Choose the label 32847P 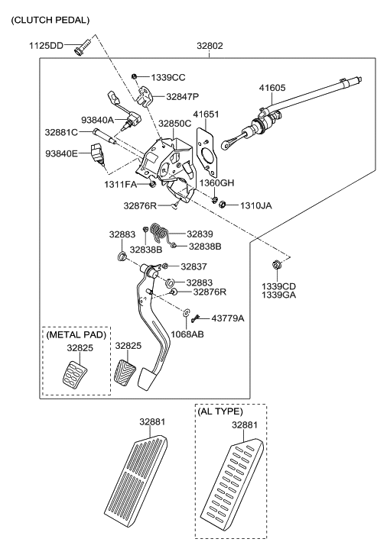click(x=182, y=97)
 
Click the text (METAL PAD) click(x=75, y=334)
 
